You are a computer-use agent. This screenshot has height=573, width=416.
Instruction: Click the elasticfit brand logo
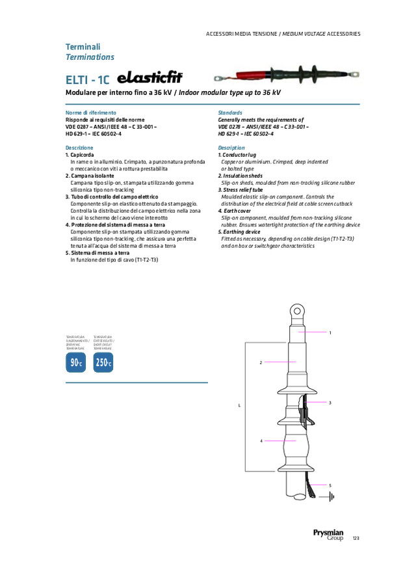click(149, 79)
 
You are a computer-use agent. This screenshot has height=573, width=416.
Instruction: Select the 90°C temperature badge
click(75, 363)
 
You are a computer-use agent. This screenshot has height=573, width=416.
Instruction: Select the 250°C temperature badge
click(103, 363)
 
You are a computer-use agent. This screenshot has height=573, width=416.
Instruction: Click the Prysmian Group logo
click(328, 535)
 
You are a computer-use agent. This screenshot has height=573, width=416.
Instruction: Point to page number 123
click(356, 539)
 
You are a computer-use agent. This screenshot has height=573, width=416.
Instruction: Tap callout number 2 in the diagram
click(261, 362)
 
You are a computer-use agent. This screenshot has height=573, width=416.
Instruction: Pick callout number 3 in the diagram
click(330, 403)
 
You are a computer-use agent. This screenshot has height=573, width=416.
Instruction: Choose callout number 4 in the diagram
click(261, 441)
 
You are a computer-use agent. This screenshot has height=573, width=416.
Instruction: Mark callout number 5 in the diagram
click(330, 486)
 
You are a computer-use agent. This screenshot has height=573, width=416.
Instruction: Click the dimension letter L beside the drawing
click(239, 405)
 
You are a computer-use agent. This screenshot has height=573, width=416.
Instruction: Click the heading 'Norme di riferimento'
click(90, 113)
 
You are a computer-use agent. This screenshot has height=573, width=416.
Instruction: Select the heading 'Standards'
click(230, 113)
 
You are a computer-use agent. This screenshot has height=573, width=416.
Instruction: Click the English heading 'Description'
click(231, 148)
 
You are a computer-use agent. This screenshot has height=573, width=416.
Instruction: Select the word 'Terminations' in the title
click(90, 57)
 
